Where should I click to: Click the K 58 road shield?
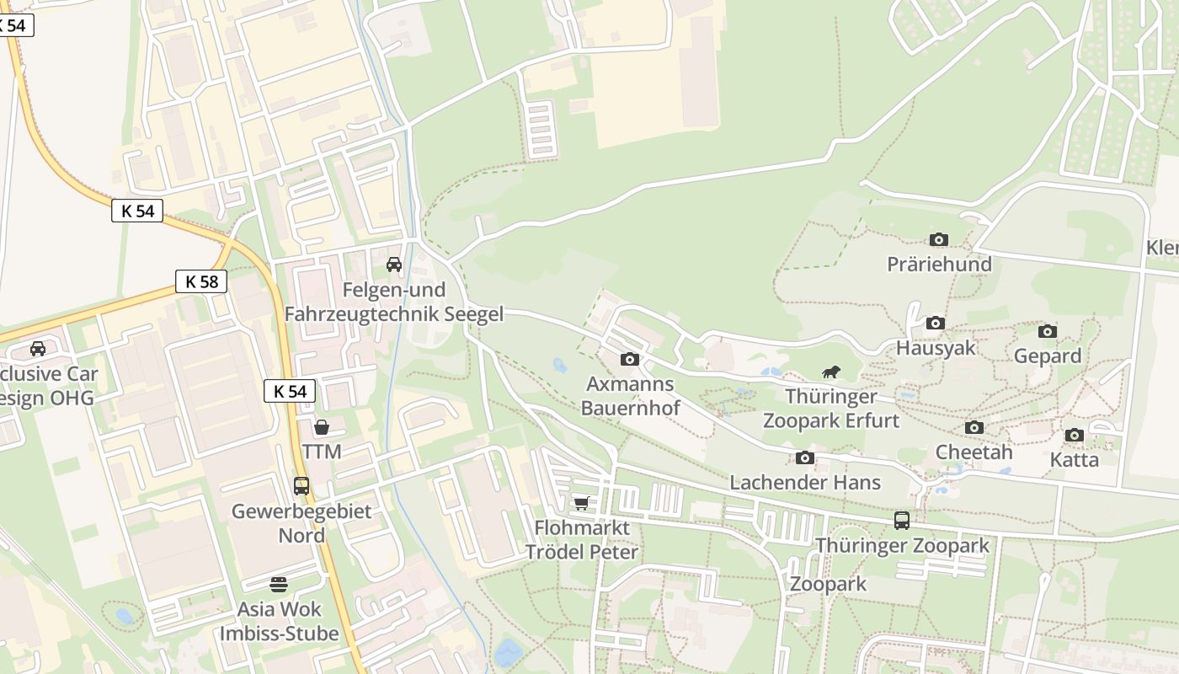point(201,281)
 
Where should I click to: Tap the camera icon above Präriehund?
point(939,240)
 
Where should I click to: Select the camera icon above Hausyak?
point(935,324)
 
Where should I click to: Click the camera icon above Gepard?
point(1047,332)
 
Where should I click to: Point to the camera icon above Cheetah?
point(974,428)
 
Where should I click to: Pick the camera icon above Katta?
point(1074,436)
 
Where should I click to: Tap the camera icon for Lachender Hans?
point(805,458)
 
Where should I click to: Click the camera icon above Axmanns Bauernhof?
point(629,360)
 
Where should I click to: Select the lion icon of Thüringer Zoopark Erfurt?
point(831,372)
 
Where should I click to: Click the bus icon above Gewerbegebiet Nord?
point(301,486)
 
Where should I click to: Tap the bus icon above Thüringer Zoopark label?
point(902,521)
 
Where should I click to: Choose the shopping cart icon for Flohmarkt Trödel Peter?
point(581,504)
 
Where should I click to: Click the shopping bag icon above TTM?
point(321,428)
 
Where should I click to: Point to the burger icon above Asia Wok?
point(279,584)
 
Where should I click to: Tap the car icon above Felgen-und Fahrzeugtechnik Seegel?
point(393,265)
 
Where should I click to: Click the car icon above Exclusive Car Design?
point(38,349)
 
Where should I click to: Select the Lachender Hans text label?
point(805,483)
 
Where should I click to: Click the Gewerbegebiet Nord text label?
point(301,523)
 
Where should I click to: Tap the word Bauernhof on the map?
point(630,408)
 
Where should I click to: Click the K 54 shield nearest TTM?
point(290,391)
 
